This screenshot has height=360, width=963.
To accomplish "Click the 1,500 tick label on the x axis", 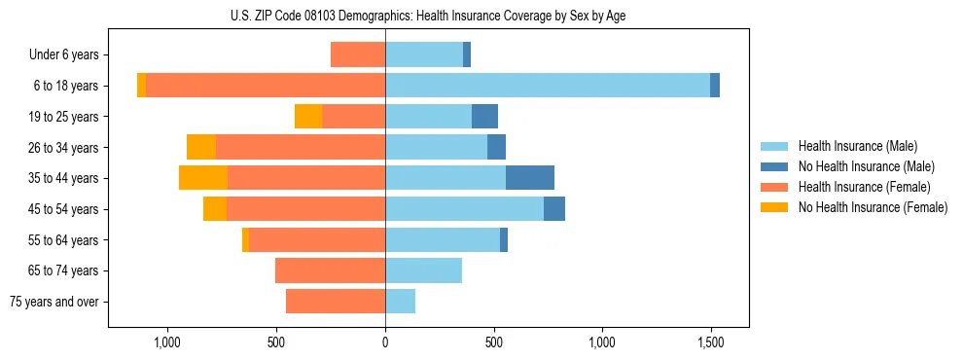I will click(x=710, y=342).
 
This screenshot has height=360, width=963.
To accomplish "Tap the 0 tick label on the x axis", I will click(x=385, y=342).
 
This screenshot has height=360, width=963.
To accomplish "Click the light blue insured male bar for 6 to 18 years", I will click(x=548, y=86).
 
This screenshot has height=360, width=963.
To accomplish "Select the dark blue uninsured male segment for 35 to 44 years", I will click(x=530, y=178).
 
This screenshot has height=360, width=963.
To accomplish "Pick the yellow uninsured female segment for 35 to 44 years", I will click(x=203, y=178).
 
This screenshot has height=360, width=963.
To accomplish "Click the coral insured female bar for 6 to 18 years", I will click(x=266, y=86).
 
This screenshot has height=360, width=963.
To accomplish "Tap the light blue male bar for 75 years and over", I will click(x=401, y=302).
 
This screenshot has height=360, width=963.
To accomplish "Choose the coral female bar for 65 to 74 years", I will click(x=331, y=270).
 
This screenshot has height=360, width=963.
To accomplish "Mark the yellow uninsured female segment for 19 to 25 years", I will click(x=308, y=117).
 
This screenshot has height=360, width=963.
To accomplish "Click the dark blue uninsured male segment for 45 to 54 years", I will click(x=554, y=209).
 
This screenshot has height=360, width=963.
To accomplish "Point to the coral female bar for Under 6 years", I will click(x=358, y=55).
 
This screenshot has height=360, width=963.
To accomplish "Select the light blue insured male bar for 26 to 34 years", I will click(x=437, y=148).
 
